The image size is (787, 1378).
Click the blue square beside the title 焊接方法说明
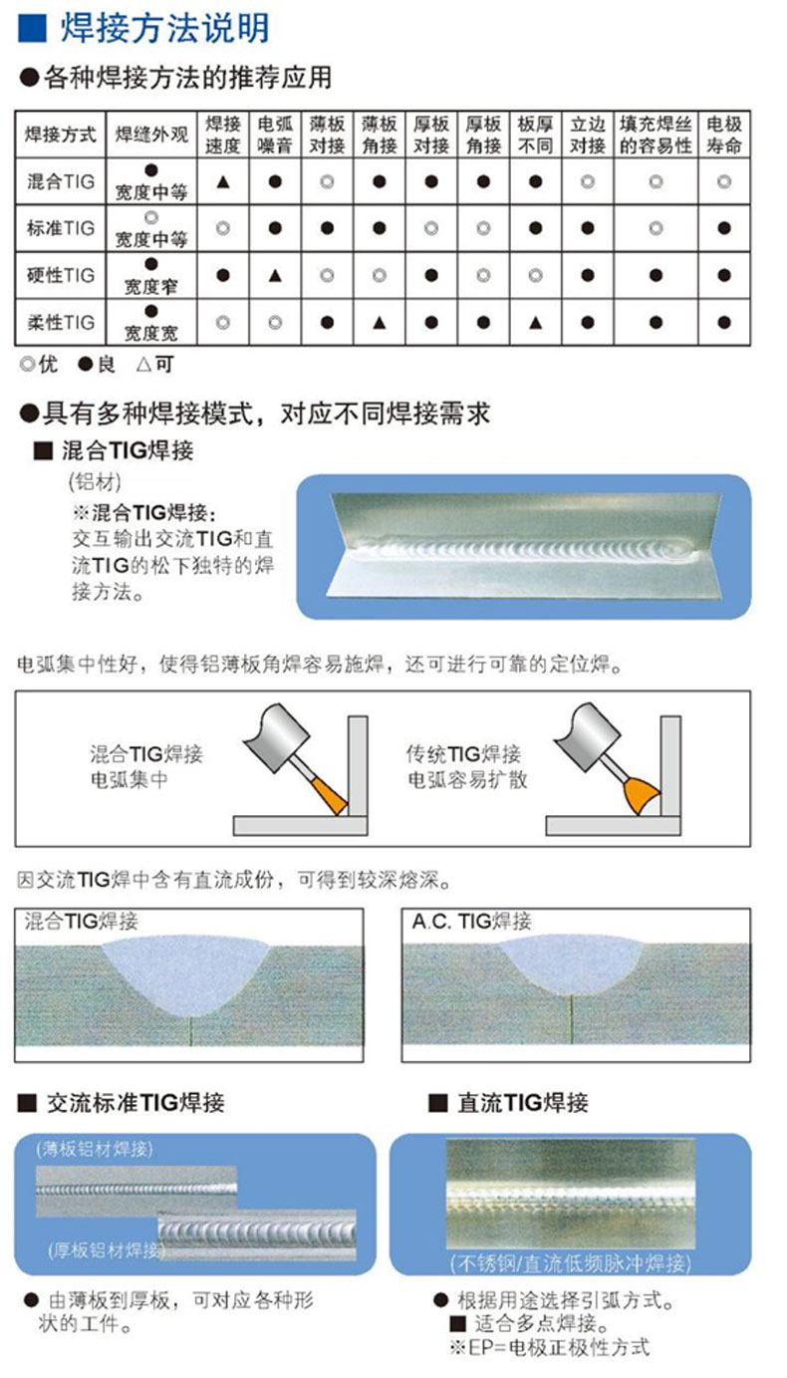pyautogui.click(x=32, y=28)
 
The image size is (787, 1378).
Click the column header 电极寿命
pyautogui.click(x=724, y=135)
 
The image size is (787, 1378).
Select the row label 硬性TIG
pyautogui.click(x=61, y=275)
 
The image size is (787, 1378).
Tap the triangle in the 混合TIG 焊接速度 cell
pyautogui.click(x=223, y=181)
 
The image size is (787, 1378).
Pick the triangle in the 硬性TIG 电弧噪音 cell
pyautogui.click(x=275, y=275)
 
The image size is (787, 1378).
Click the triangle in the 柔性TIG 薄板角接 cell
pyautogui.click(x=379, y=322)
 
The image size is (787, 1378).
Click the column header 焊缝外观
pyautogui.click(x=151, y=135)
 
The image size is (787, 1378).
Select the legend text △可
pyautogui.click(x=153, y=365)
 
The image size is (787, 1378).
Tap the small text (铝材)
pyautogui.click(x=94, y=482)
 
